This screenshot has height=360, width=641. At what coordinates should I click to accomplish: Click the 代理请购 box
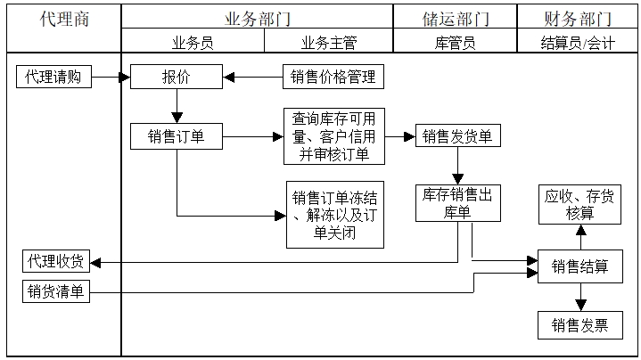[53, 78]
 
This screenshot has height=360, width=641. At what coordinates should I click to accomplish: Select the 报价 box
[176, 78]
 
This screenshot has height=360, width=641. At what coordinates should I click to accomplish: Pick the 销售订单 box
[176, 136]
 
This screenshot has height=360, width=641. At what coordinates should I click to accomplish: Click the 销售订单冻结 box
[334, 216]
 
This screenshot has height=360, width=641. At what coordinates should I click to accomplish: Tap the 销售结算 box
[579, 266]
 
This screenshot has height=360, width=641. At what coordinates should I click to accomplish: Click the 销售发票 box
[579, 325]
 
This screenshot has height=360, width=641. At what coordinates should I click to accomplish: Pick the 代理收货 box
[55, 262]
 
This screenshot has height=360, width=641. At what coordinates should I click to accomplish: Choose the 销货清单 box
[55, 291]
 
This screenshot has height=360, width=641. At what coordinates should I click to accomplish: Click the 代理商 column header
[64, 19]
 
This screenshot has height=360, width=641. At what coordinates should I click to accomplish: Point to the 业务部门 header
[258, 19]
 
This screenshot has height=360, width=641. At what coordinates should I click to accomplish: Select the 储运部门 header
[456, 19]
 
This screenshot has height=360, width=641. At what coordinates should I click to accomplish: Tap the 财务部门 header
[578, 19]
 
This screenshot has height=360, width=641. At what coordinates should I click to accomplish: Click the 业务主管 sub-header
[329, 42]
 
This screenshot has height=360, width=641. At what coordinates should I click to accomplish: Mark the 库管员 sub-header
[456, 42]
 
